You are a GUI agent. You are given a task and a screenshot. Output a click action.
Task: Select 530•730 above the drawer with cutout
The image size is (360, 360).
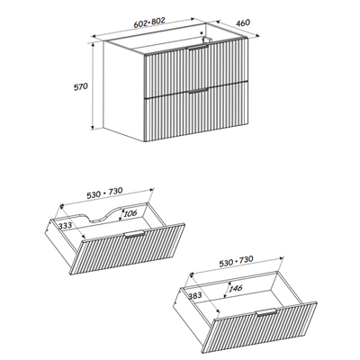tap(124, 192)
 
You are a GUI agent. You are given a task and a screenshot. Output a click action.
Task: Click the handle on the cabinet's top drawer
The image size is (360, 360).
tap(197, 56)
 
